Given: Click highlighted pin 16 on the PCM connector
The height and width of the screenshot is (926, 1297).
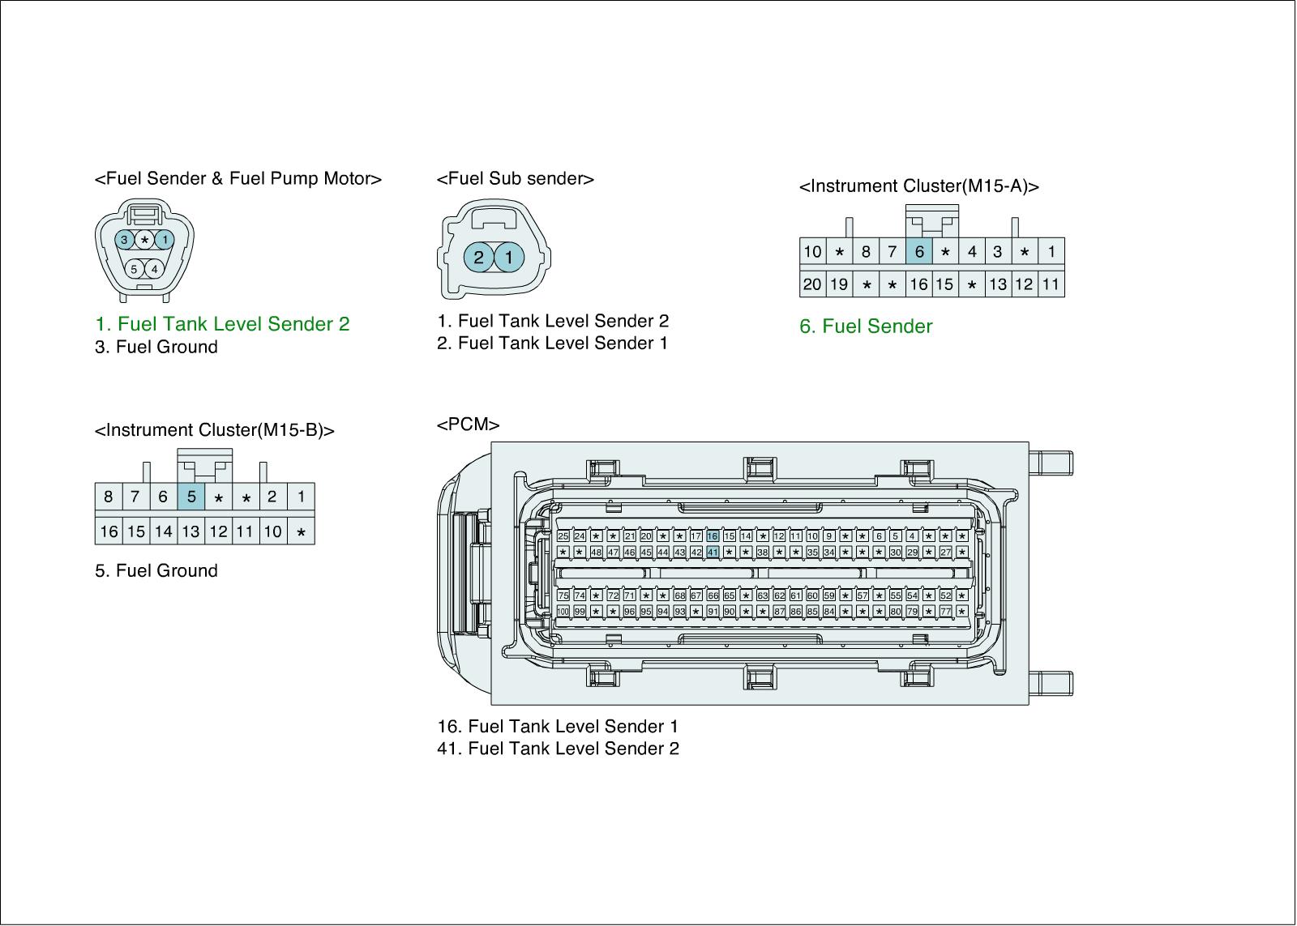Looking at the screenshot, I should [713, 536].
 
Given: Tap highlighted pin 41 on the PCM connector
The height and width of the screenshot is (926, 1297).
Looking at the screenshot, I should [713, 553].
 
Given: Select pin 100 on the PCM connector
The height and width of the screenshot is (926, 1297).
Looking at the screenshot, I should [563, 612].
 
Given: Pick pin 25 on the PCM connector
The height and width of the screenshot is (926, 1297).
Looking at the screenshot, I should [563, 536].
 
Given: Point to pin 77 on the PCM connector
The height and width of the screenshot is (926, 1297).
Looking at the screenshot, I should [945, 612].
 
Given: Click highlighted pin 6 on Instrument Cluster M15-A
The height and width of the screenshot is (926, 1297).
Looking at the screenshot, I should [919, 252].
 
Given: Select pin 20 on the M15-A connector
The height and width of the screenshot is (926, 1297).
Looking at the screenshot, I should [812, 284].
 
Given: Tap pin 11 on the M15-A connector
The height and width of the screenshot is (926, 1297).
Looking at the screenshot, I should [1051, 284].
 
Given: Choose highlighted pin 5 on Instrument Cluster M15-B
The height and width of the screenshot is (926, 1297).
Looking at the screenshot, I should [191, 497].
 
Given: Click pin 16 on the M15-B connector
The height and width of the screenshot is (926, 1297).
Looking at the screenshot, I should [109, 531].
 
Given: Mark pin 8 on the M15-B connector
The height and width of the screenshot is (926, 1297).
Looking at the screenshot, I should [109, 497].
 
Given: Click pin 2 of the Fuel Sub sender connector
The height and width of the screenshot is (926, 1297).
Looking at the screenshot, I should [479, 258].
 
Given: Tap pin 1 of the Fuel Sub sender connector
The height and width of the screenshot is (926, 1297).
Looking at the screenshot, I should [508, 258].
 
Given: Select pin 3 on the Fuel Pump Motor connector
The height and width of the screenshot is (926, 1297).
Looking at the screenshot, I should [125, 240].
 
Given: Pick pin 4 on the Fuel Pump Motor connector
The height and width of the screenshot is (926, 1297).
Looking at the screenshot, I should [154, 269].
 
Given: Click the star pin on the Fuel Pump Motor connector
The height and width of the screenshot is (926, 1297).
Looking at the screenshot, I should [144, 240].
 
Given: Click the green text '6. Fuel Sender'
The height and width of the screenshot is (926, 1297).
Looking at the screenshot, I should [866, 326].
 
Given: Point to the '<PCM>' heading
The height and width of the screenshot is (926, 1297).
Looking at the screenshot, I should [468, 425].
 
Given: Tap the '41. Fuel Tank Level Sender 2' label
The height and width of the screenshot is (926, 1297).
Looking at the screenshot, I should [558, 749].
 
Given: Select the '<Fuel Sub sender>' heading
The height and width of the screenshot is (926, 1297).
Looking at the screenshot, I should [515, 179].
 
